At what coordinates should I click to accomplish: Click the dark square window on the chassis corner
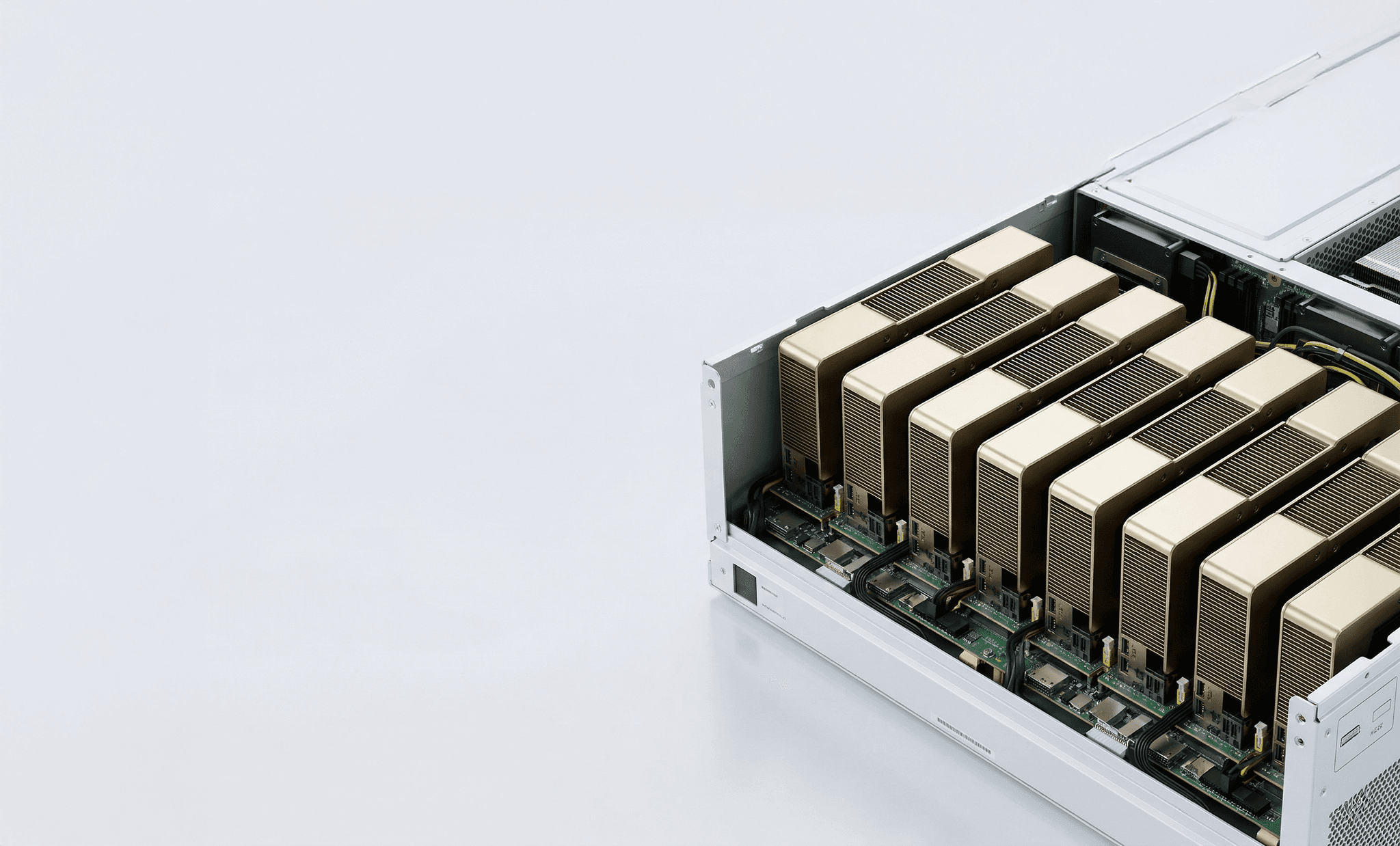coord(745,586)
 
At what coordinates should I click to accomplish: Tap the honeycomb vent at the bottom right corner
coord(1367,813)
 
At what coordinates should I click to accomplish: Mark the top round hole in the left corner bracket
coord(710,385)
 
